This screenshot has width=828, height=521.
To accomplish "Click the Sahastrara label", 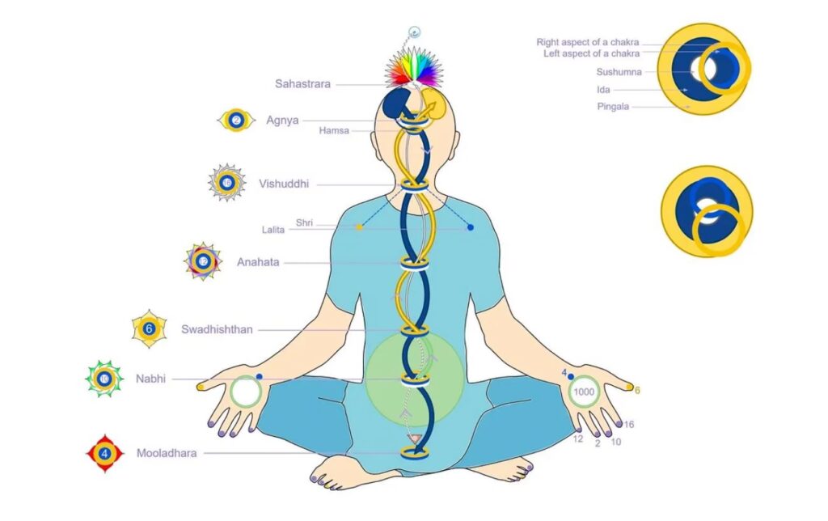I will tap(302, 83).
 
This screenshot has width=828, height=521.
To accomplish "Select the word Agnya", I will tap(282, 121).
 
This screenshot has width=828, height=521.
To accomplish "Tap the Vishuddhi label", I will tap(283, 183).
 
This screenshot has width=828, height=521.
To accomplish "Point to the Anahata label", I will tap(258, 262).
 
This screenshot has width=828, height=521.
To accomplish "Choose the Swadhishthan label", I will tap(217, 329).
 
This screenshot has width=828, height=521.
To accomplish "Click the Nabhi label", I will tap(150, 378).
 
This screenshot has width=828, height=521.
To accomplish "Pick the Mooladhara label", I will tap(167, 453).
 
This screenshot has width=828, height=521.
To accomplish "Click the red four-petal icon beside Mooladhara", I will tap(104, 453).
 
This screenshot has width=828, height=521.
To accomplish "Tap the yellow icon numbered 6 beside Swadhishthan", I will tap(149, 329).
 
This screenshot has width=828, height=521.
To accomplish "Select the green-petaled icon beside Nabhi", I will tap(103, 379).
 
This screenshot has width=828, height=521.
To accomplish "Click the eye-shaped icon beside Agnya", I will tap(235, 121).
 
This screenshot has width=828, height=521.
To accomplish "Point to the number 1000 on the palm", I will tap(583, 392).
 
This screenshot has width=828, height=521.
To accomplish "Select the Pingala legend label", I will tap(613, 106).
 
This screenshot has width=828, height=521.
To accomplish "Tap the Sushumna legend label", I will tap(619, 72).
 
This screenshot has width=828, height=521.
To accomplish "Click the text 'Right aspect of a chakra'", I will tap(589, 42).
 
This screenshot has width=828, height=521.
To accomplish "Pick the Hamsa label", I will tap(333, 130).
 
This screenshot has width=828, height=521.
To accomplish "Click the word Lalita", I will tap(273, 230).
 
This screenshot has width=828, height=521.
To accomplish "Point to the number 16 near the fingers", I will tap(628, 424).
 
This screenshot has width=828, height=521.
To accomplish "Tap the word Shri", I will tap(304, 222).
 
